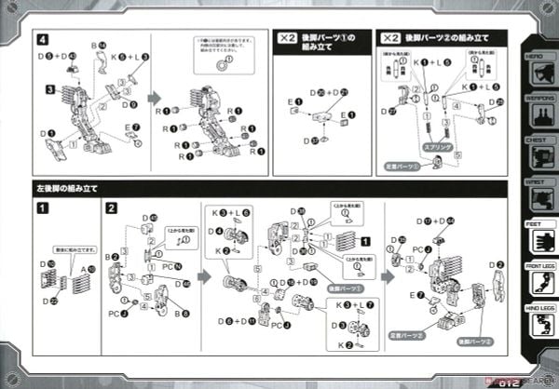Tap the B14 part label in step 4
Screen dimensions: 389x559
[x=99, y=45]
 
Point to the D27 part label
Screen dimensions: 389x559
[x=389, y=111]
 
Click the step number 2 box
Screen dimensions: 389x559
[x=112, y=208]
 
